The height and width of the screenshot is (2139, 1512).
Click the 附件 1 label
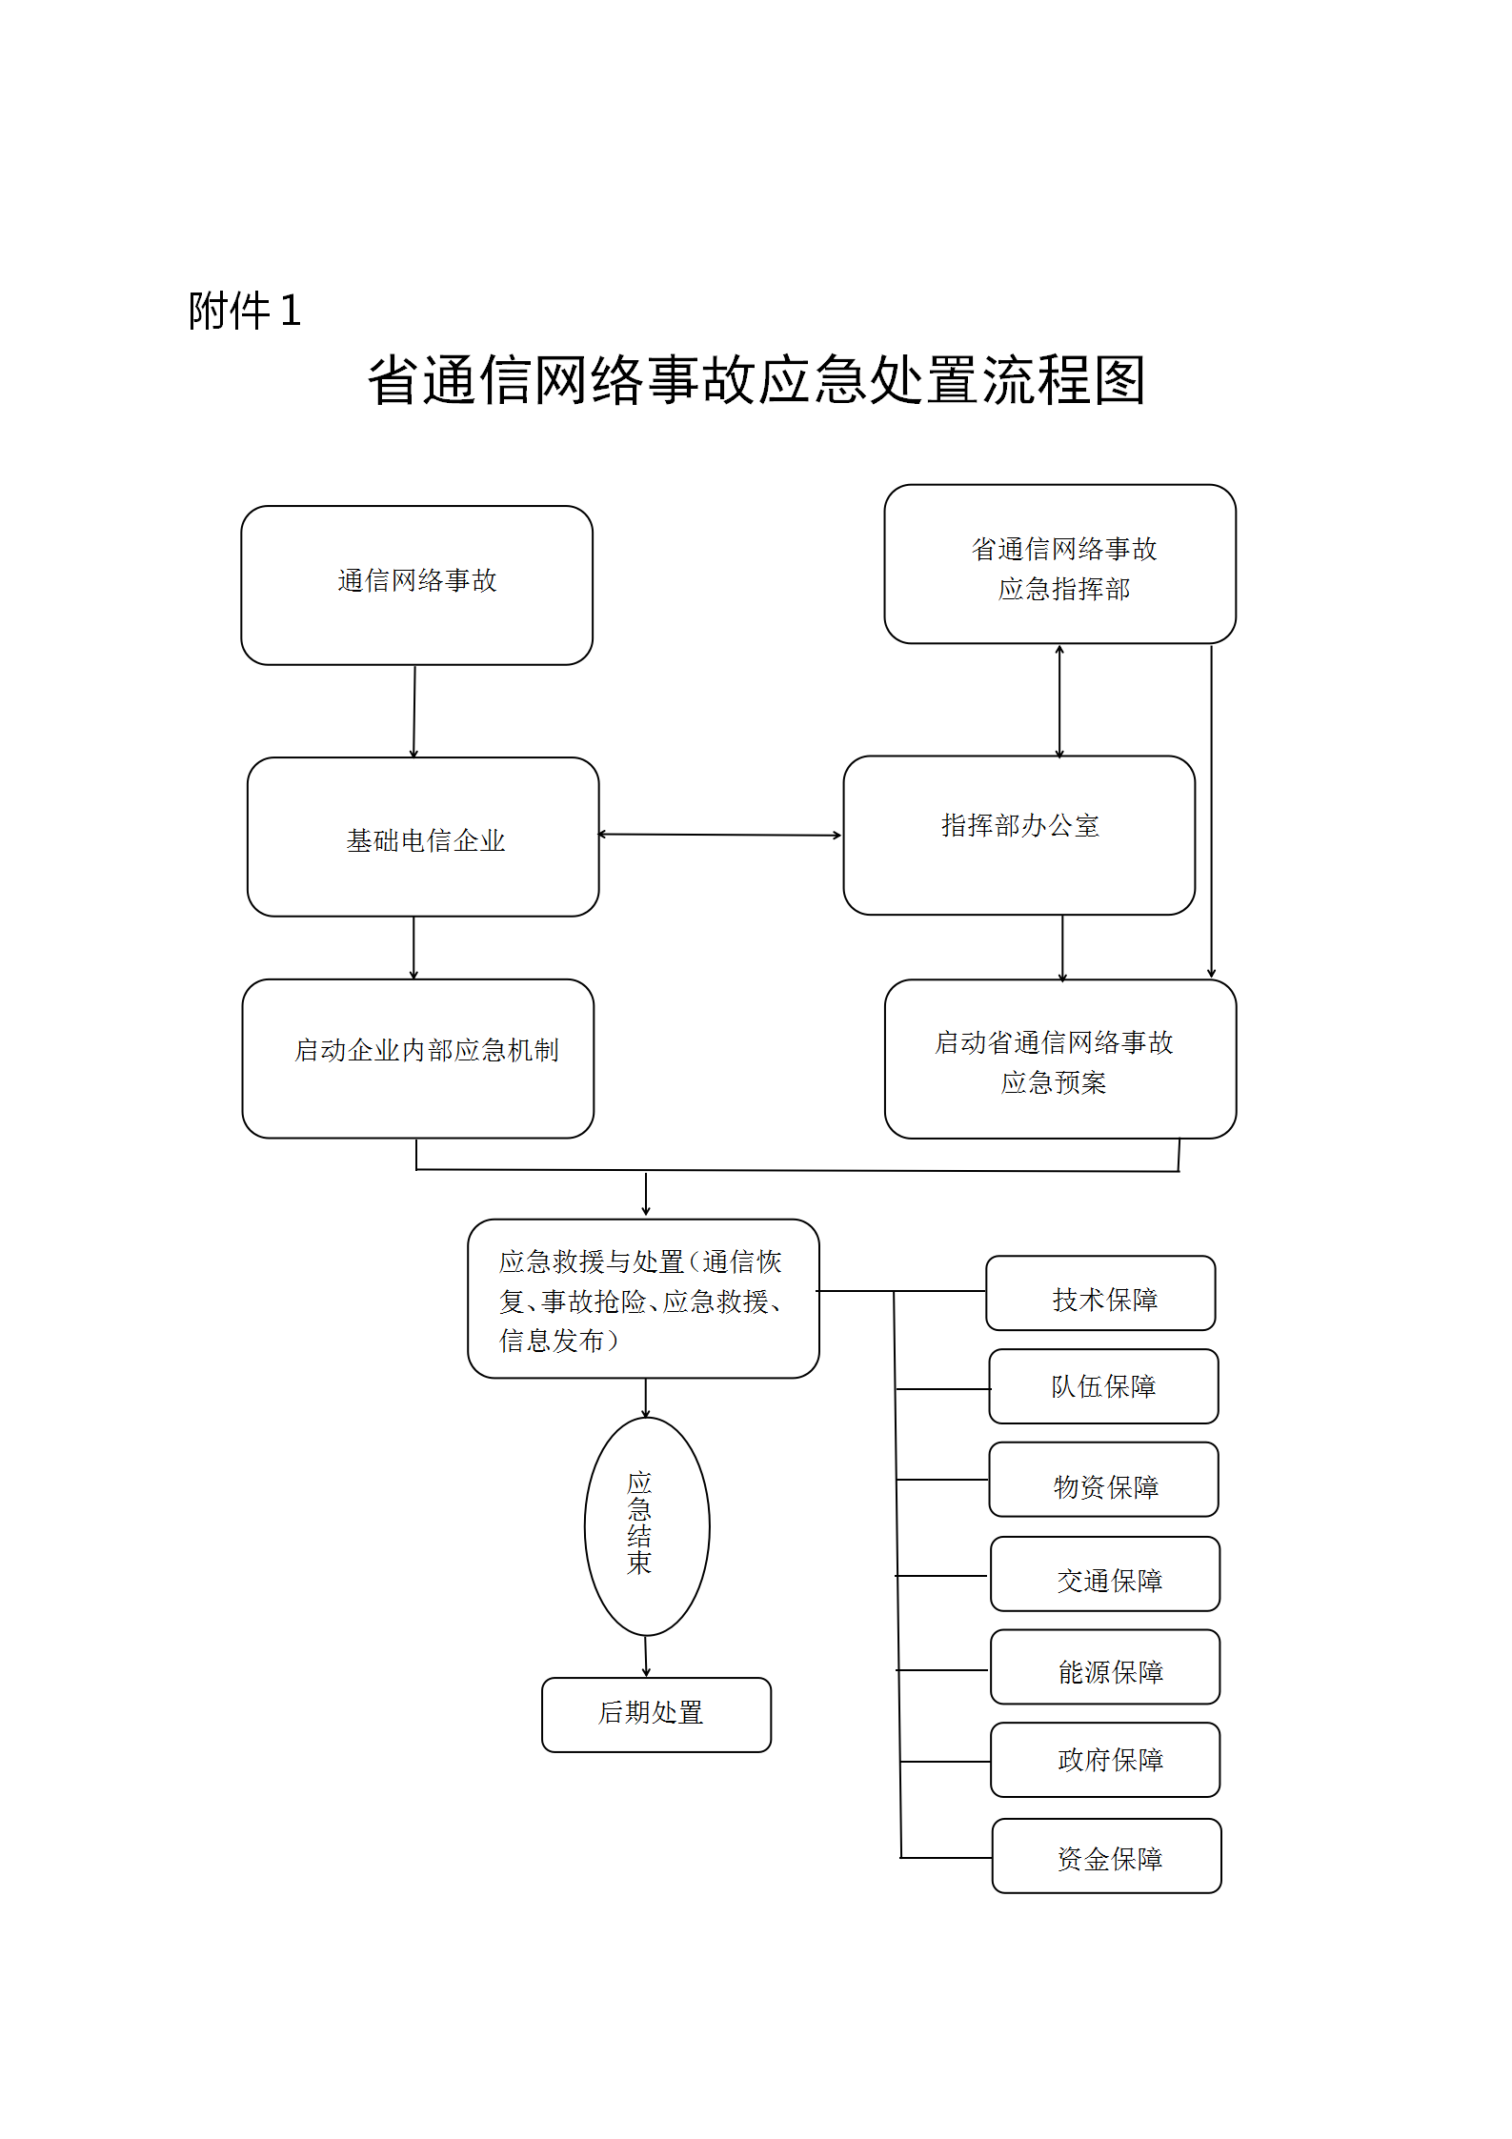coord(244,311)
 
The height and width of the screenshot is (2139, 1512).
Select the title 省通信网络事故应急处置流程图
coord(756,380)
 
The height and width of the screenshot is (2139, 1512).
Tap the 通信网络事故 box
coord(416,585)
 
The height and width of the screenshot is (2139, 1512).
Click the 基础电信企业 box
coord(423,837)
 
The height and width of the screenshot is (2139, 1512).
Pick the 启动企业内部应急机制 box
coord(418,1058)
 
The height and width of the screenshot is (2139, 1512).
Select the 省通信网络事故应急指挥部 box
coord(1059,564)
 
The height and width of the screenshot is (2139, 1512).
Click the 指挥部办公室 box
coord(1018,835)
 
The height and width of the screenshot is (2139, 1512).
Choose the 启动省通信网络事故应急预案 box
coord(1059,1059)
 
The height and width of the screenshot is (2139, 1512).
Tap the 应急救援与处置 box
coord(643,1298)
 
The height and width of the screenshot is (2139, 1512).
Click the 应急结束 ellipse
coord(646,1525)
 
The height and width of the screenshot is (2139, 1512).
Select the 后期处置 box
coord(655,1714)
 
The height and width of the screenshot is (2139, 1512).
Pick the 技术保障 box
coord(1100,1293)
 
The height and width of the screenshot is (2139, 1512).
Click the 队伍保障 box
coord(1103,1386)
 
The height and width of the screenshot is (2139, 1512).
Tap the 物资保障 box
coord(1103,1480)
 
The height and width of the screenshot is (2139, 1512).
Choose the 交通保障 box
coord(1104,1574)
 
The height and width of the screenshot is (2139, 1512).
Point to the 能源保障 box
coord(1104,1667)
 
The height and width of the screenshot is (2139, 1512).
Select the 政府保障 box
coord(1104,1760)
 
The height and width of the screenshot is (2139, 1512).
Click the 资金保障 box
coord(1106,1856)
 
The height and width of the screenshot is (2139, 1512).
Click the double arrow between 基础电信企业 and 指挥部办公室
coord(720,835)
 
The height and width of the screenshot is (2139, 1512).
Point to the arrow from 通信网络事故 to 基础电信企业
coord(414,711)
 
